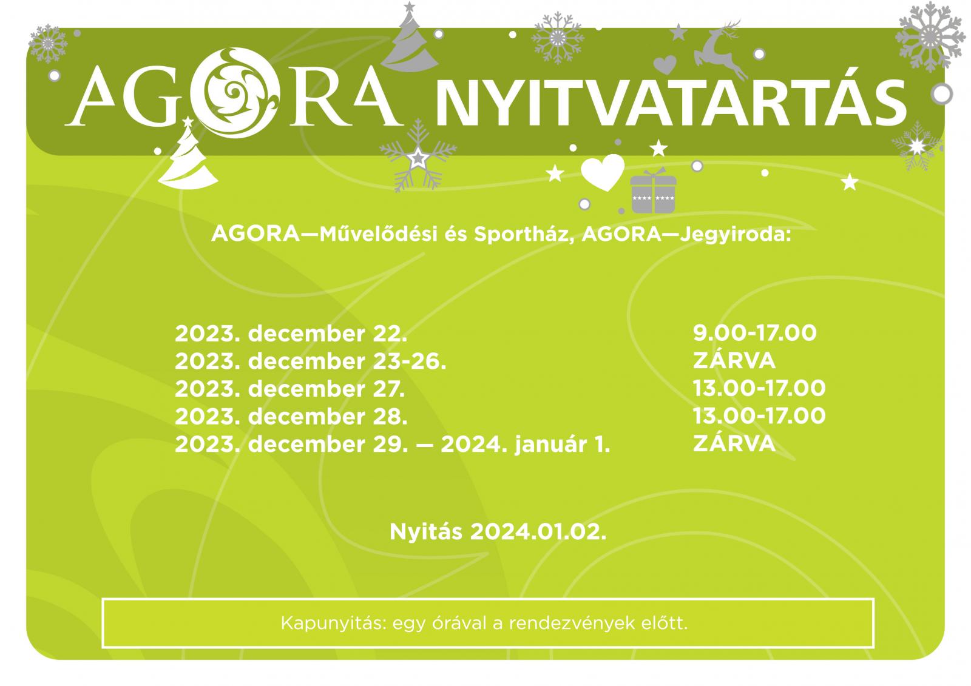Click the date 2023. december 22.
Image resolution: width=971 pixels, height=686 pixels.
291,334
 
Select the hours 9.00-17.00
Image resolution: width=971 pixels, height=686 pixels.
755,333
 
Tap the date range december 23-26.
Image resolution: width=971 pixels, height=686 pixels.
347,361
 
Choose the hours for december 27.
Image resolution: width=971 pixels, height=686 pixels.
759,388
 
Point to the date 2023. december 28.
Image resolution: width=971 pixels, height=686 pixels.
291,417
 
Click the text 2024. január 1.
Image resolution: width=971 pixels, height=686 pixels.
526,444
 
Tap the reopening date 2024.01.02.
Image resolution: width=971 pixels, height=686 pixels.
538,532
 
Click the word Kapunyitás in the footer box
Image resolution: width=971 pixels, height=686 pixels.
333,623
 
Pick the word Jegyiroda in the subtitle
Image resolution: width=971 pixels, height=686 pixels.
736,235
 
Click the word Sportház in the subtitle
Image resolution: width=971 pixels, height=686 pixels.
524,235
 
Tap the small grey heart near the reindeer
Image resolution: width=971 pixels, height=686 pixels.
665,64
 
